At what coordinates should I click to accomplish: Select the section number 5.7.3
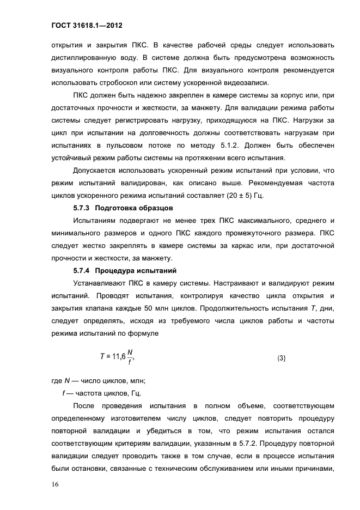[82, 208]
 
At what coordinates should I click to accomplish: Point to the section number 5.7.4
[82, 271]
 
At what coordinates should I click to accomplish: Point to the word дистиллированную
[84, 58]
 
